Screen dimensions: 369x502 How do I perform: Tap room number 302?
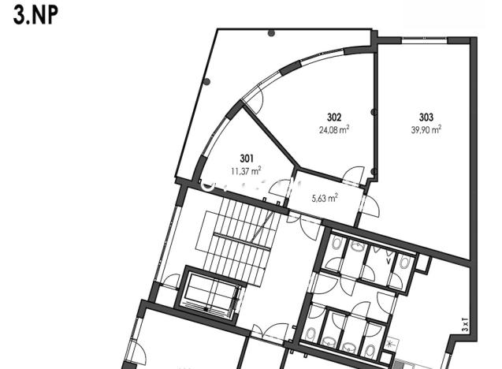334,118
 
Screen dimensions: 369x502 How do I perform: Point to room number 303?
426,118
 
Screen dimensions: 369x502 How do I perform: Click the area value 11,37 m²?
246,169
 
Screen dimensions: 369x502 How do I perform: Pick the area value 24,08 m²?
334,130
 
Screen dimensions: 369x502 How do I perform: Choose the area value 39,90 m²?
426,130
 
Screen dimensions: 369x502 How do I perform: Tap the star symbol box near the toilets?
392,345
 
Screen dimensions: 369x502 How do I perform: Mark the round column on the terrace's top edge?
271,34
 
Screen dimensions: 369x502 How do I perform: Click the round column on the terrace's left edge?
206,81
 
